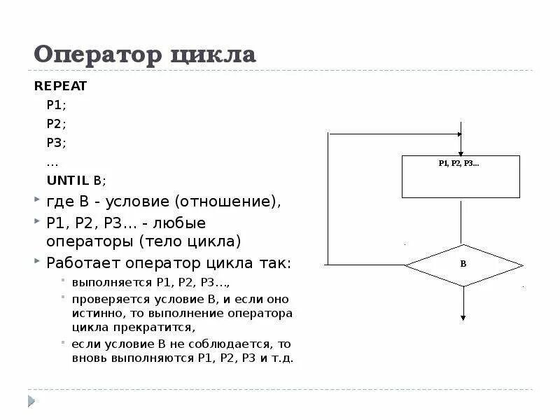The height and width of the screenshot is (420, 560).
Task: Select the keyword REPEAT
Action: (x=61, y=87)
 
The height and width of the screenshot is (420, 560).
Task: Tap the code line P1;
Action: (x=56, y=106)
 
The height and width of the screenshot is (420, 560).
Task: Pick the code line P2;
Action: (x=56, y=124)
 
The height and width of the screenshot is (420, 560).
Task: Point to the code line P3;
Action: (x=56, y=142)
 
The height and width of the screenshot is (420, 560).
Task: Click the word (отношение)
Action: (x=228, y=202)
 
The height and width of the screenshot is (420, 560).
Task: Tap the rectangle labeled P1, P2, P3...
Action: (x=461, y=177)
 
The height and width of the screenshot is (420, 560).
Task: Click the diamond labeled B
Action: (x=463, y=265)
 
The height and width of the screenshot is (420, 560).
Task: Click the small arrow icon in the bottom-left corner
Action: (x=31, y=401)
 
